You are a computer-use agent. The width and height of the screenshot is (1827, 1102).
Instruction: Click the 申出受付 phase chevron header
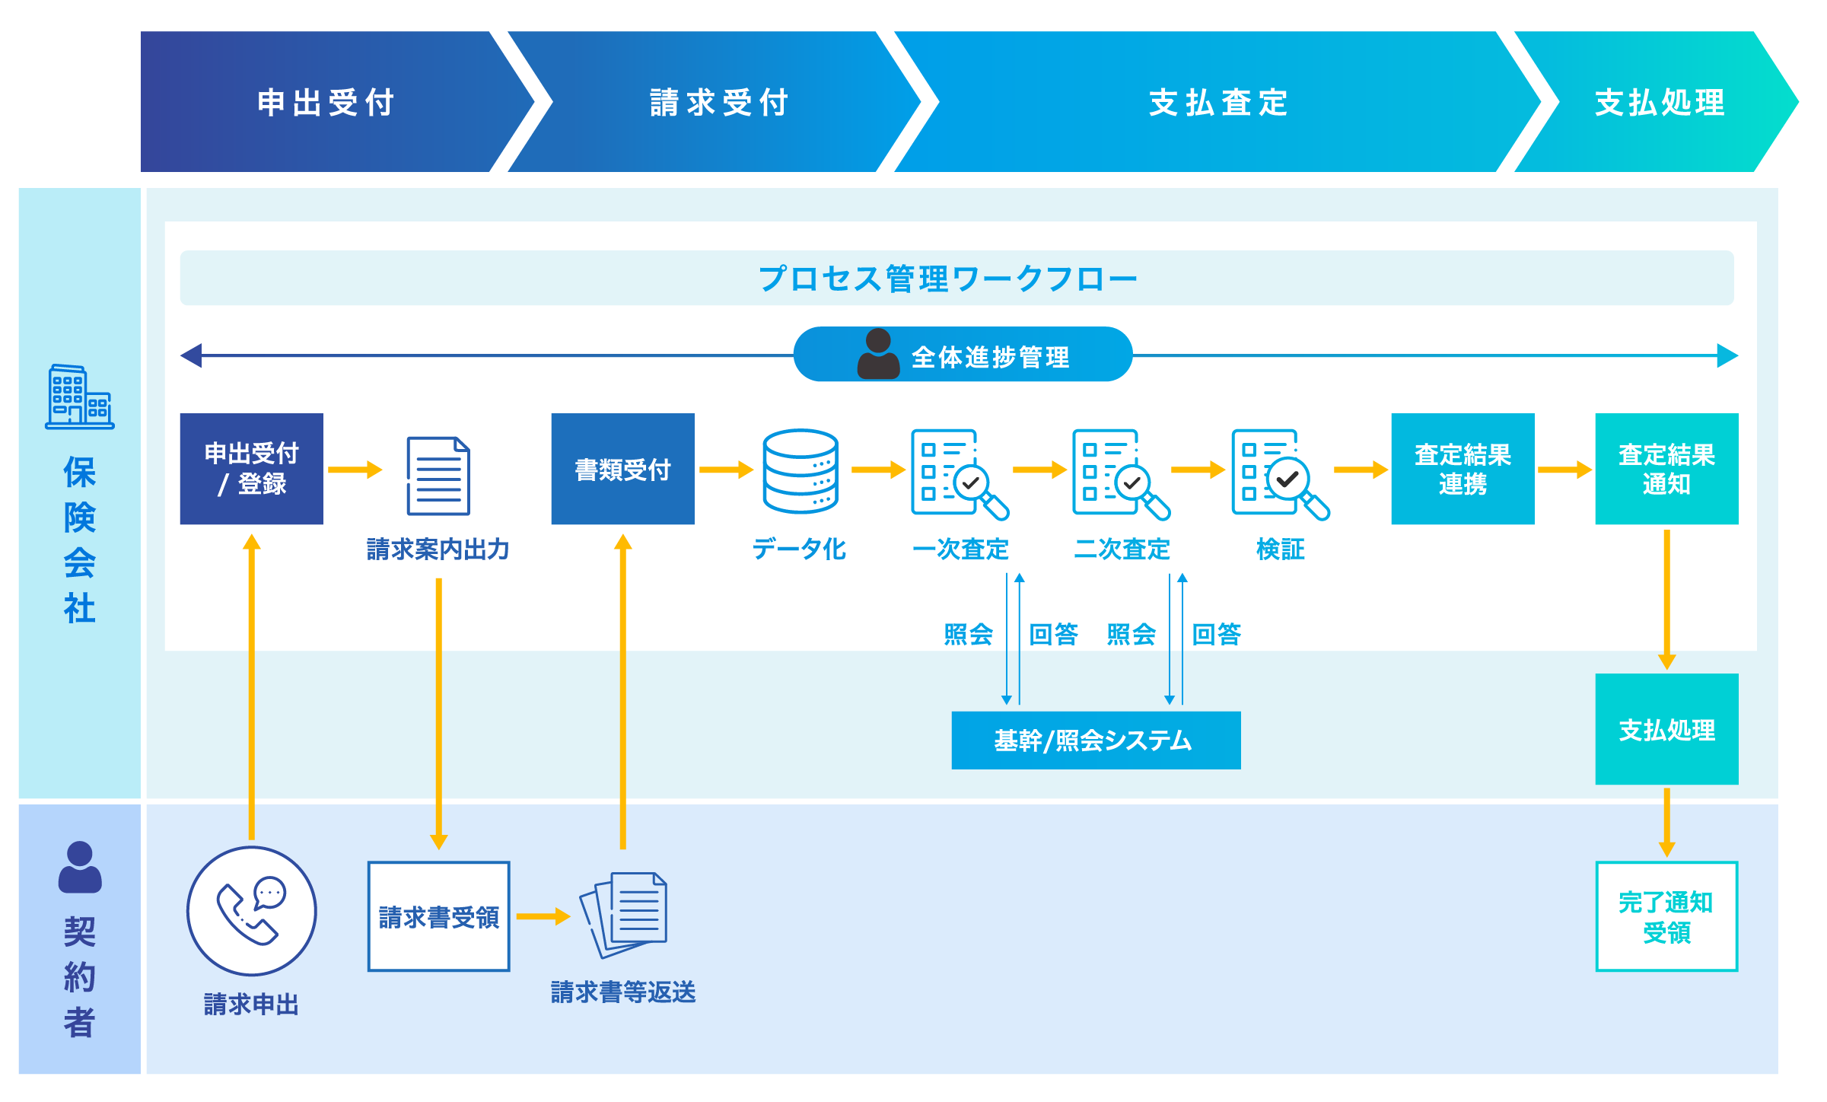[x=326, y=102]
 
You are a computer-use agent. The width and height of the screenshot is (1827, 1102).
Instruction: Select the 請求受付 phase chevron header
[x=718, y=102]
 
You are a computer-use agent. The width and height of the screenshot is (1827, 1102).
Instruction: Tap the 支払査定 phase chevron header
[x=1217, y=102]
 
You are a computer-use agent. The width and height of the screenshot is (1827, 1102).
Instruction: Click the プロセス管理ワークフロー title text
[x=948, y=279]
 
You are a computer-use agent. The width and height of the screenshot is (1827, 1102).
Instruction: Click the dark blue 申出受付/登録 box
[x=251, y=469]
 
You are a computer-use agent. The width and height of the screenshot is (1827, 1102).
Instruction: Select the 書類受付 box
[x=622, y=469]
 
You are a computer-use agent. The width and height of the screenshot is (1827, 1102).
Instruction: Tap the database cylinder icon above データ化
[x=801, y=470]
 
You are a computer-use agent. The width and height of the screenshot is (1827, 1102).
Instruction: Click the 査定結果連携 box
[x=1463, y=469]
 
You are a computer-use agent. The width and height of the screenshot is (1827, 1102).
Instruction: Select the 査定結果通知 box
[x=1666, y=469]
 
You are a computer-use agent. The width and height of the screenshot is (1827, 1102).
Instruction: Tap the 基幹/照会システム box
[x=1096, y=741]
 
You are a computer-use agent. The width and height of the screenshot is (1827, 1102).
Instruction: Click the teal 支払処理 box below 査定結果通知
[x=1666, y=729]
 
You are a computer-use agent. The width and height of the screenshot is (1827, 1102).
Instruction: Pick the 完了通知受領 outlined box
[x=1666, y=916]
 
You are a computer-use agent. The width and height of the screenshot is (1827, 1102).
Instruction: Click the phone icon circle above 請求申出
[x=251, y=910]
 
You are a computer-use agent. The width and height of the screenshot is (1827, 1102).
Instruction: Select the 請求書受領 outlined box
[x=438, y=916]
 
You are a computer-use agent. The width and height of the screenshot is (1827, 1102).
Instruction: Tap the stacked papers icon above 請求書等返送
[x=624, y=913]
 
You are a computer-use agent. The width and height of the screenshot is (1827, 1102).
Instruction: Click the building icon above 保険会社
[x=79, y=397]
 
